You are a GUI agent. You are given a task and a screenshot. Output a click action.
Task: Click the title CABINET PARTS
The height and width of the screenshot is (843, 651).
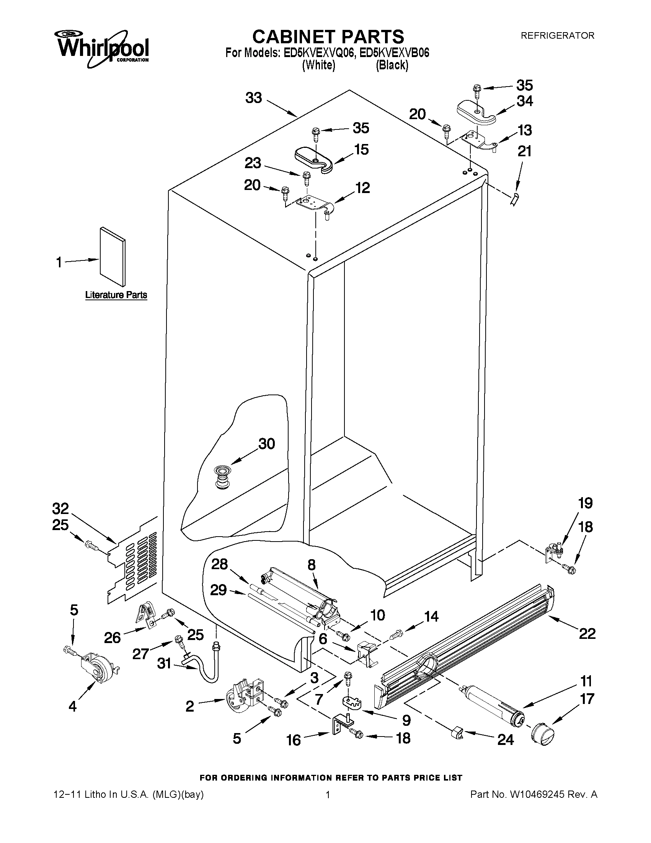[x=328, y=37]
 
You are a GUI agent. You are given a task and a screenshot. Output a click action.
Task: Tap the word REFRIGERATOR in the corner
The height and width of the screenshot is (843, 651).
[x=557, y=36]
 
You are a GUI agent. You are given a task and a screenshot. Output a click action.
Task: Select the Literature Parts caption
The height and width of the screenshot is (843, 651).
[x=116, y=295]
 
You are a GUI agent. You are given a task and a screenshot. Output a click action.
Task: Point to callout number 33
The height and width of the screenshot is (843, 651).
[x=253, y=98]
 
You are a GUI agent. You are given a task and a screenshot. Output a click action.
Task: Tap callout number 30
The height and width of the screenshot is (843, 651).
[x=266, y=444]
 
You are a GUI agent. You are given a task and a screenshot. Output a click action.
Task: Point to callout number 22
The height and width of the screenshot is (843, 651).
[x=587, y=633]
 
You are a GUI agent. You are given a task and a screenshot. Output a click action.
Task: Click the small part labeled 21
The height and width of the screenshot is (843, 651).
[x=514, y=200]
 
